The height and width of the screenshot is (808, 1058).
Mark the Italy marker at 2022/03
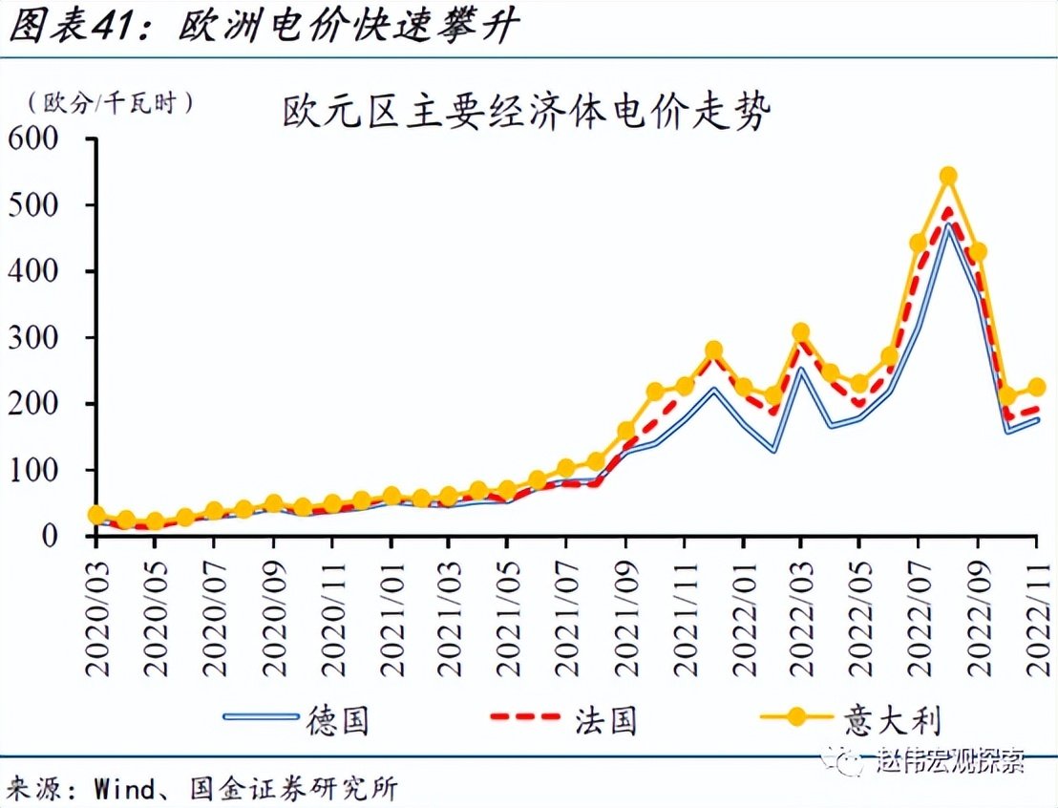(x=801, y=332)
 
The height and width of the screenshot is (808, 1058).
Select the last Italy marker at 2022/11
(x=1036, y=387)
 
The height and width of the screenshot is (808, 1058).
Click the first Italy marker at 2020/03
(x=96, y=515)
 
